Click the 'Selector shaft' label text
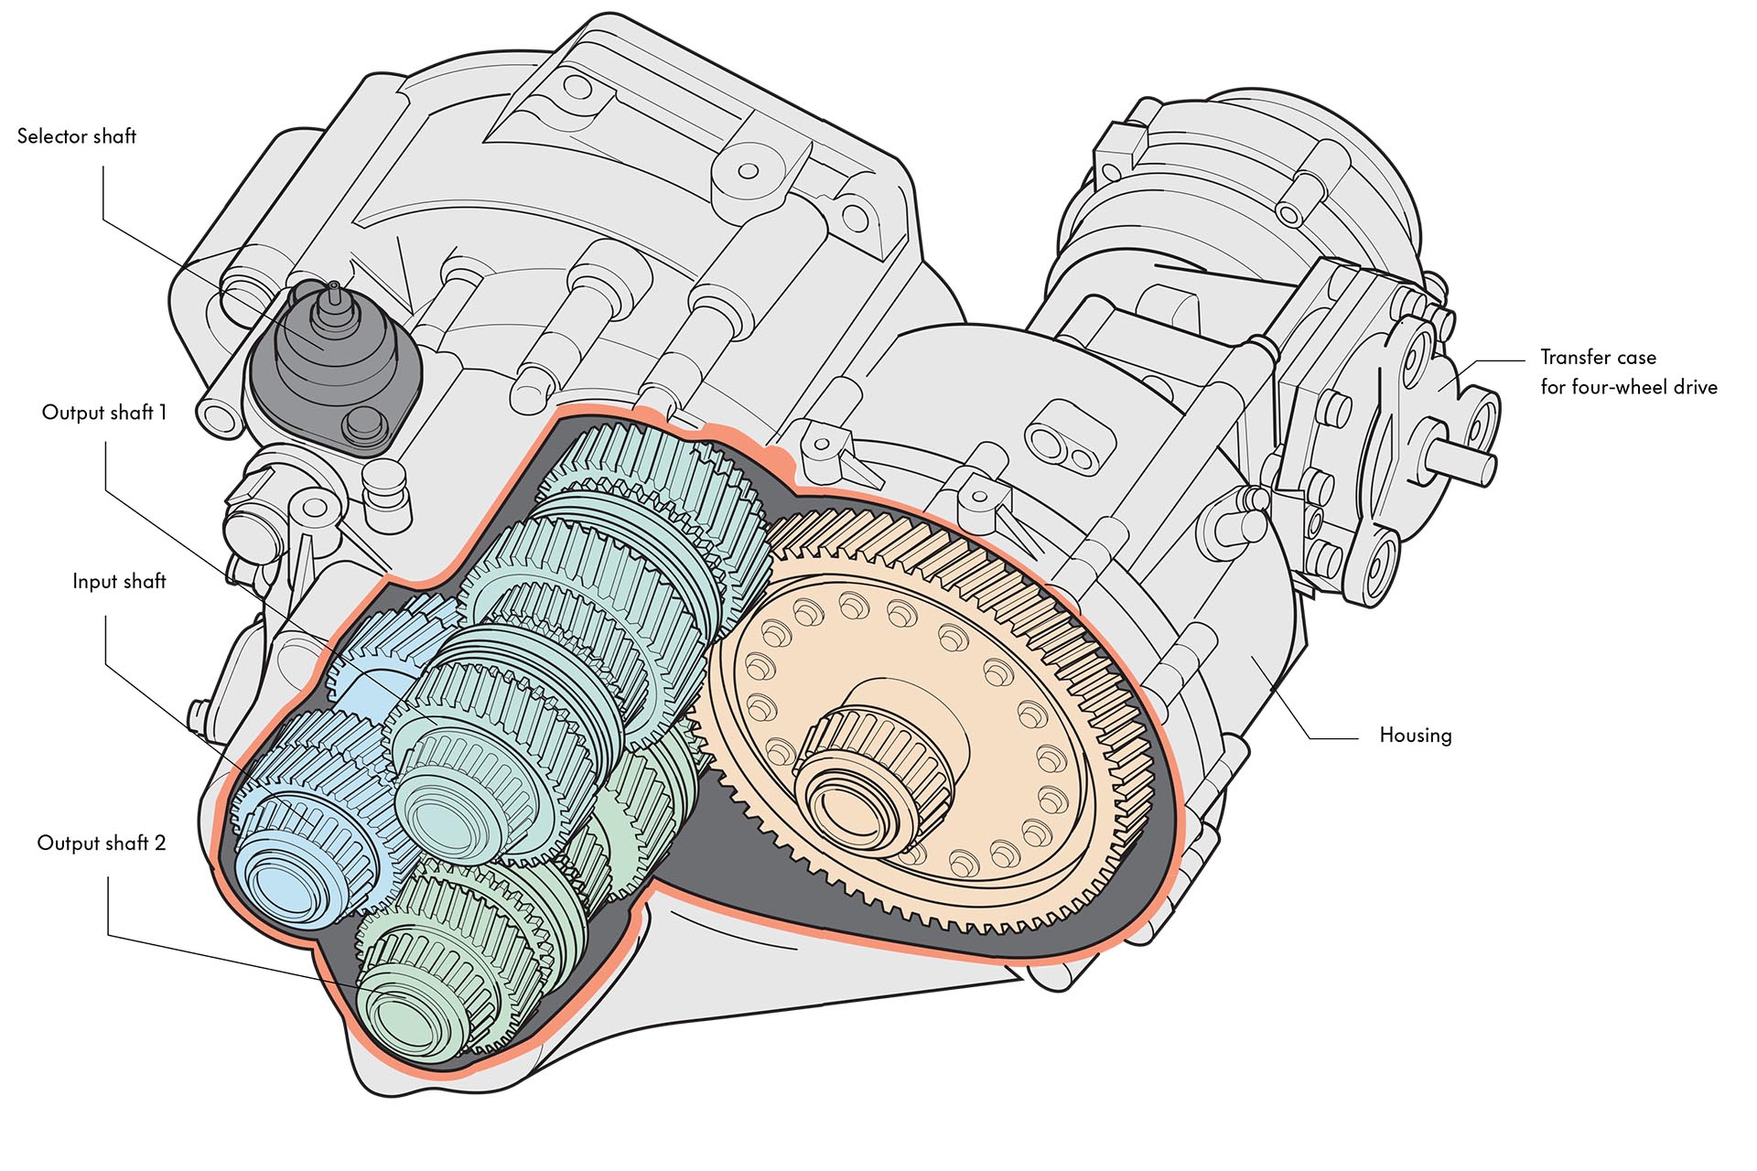click(x=77, y=136)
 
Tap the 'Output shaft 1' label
click(x=104, y=413)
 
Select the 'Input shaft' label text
click(x=119, y=582)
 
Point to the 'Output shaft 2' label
click(x=102, y=843)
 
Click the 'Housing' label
click(x=1415, y=736)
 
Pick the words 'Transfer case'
click(x=1598, y=358)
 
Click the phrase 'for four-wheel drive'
click(x=1628, y=387)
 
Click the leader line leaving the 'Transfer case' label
click(x=1501, y=360)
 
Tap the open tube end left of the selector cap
click(x=220, y=416)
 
